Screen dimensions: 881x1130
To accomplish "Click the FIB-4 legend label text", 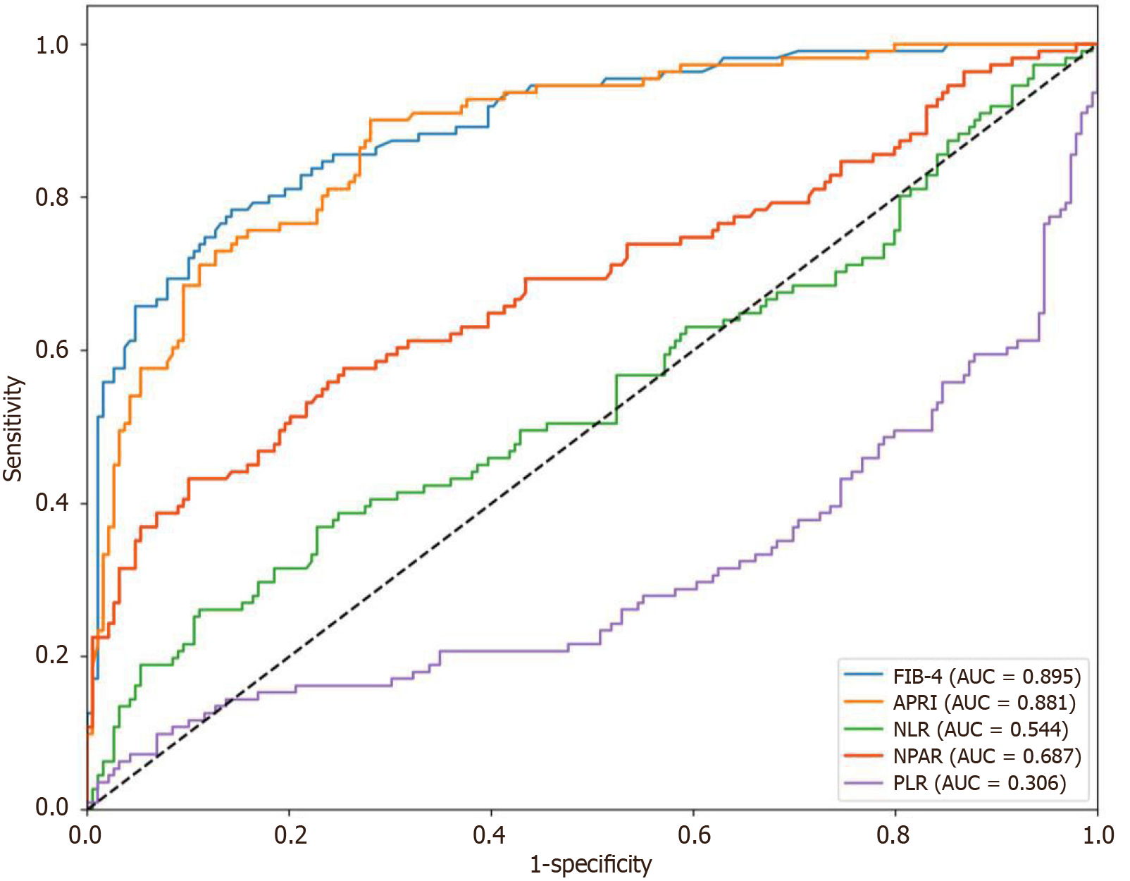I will (x=986, y=677).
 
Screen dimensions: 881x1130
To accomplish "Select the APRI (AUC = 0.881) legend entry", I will (x=984, y=703).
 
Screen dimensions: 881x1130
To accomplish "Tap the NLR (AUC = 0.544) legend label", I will (x=981, y=729).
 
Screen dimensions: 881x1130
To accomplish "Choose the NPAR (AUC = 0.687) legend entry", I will (x=987, y=756).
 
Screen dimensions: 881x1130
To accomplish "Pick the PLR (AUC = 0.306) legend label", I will (x=979, y=783).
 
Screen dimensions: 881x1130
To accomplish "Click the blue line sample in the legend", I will (x=863, y=675).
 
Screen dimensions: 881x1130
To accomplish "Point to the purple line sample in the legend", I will (x=863, y=782).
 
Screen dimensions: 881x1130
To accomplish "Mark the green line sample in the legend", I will (x=863, y=729).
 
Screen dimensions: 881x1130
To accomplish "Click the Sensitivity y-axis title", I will (x=13, y=429).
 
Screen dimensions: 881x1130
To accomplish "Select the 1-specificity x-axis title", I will (x=590, y=864).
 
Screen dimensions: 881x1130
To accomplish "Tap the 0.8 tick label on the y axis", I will (x=51, y=197).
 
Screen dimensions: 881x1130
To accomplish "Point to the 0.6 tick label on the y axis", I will (x=51, y=350).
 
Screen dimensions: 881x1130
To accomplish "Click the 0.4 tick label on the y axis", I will (x=51, y=503).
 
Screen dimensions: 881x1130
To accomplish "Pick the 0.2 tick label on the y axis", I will (x=51, y=655).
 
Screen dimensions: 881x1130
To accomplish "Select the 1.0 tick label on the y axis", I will (x=51, y=45).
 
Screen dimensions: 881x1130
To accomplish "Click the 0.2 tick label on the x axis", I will (x=289, y=836).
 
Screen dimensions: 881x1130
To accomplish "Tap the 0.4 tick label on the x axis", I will (x=490, y=836).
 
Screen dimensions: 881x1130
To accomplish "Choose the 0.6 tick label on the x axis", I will (x=693, y=836).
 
